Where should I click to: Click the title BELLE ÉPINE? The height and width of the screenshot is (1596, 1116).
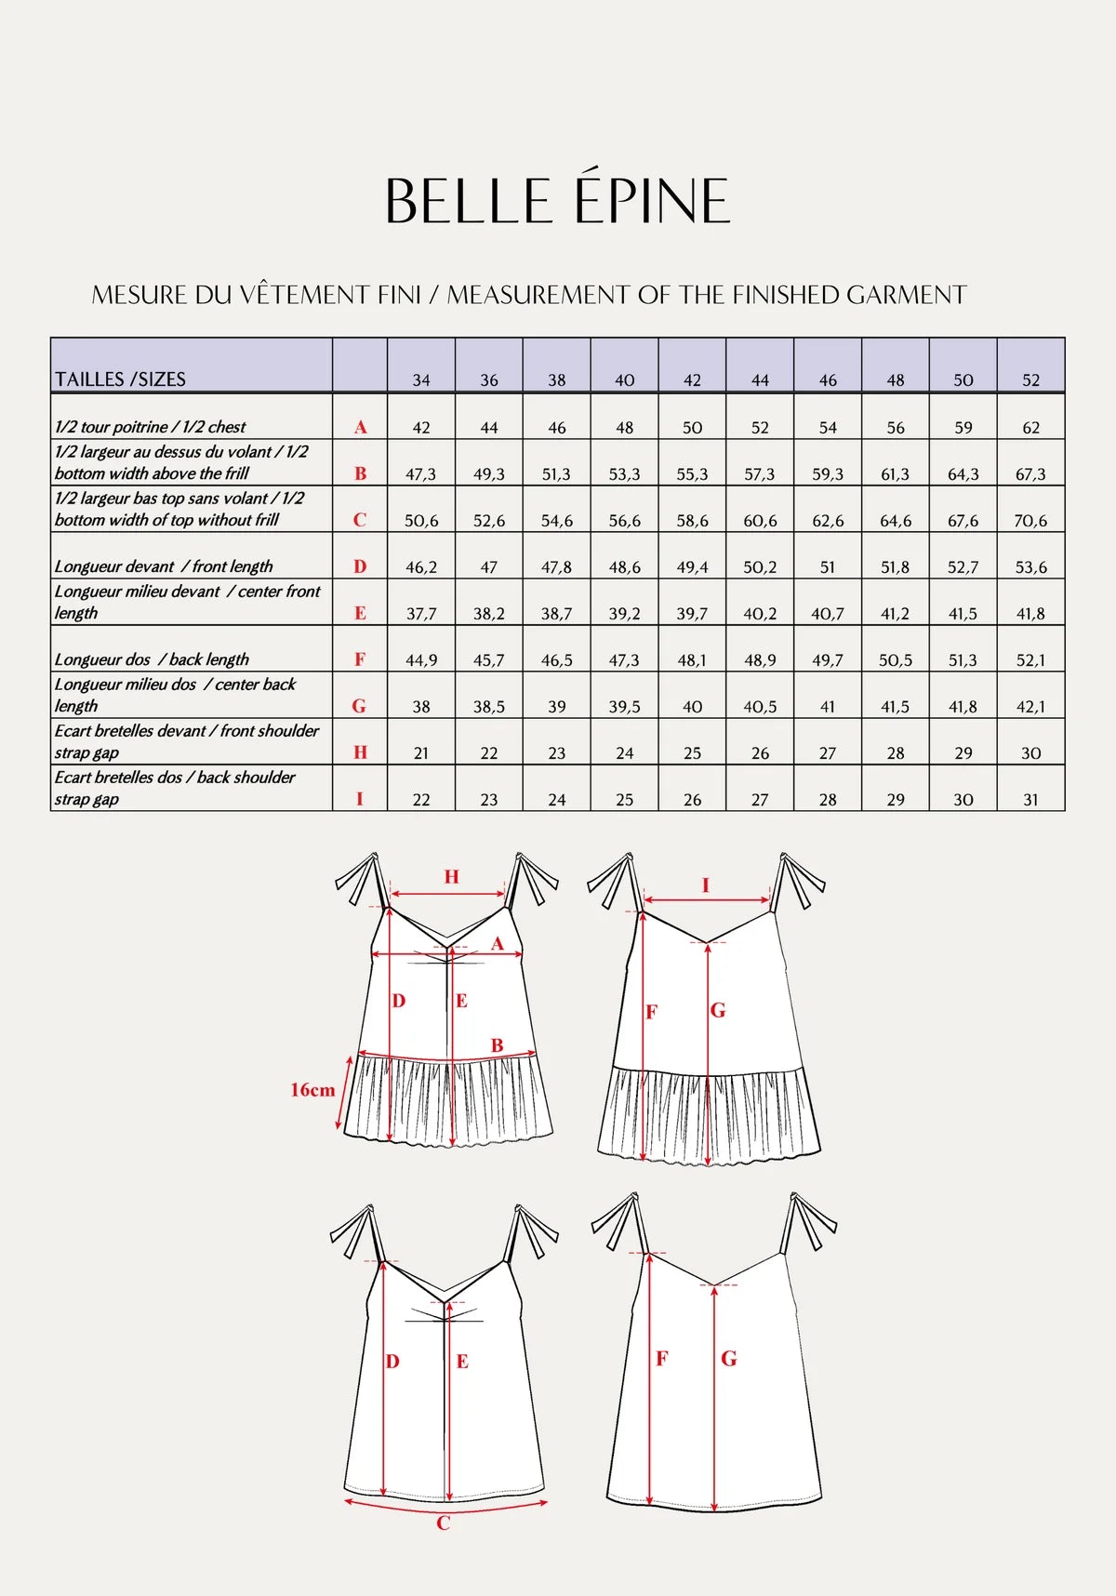pos(558,201)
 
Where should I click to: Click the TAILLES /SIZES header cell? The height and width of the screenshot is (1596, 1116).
pos(121,379)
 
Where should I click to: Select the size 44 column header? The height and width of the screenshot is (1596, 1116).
pos(760,380)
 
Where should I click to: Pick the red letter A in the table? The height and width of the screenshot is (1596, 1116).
pos(360,427)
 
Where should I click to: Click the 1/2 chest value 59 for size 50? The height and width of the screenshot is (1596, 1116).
pos(963,428)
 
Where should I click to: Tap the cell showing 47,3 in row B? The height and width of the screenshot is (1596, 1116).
pos(420,474)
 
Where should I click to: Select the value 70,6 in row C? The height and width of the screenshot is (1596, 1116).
pos(1030,521)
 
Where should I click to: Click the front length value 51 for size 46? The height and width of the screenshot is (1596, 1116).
pos(827,567)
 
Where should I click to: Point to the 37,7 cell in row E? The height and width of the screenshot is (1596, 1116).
pos(420,614)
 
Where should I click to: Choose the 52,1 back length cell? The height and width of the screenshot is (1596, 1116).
pos(1030,660)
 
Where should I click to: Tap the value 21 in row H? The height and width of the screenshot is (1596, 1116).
pos(420,753)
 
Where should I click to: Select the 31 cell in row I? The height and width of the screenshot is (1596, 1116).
pos(1030,800)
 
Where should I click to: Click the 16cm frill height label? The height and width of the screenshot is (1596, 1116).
pos(312,1090)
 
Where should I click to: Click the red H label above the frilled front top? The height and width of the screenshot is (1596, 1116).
pos(451,876)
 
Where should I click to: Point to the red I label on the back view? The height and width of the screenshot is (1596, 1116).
pos(705,885)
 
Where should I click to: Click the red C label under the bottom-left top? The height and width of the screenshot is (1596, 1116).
pos(444,1523)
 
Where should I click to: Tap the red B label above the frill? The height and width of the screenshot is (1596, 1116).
pos(498,1045)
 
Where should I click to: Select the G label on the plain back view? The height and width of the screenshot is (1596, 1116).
pos(729,1359)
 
